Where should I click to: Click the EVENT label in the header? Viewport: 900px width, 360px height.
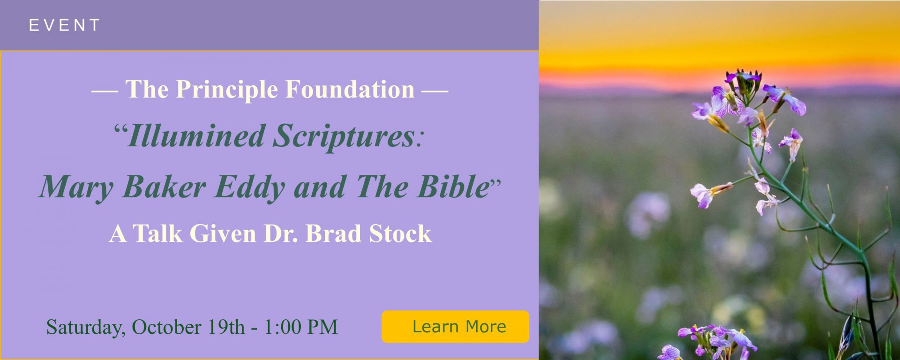pyautogui.click(x=65, y=25)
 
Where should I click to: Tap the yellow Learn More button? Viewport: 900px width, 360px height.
pyautogui.click(x=455, y=327)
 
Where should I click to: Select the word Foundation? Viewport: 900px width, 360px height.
pyautogui.click(x=350, y=89)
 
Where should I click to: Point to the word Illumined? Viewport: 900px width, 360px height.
pyautogui.click(x=196, y=136)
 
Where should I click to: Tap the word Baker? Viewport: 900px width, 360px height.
pyautogui.click(x=164, y=187)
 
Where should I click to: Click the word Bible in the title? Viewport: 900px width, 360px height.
pyautogui.click(x=453, y=187)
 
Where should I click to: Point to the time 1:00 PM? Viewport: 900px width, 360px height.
pyautogui.click(x=301, y=327)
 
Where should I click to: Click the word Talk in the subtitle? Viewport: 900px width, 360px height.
pyautogui.click(x=157, y=233)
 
